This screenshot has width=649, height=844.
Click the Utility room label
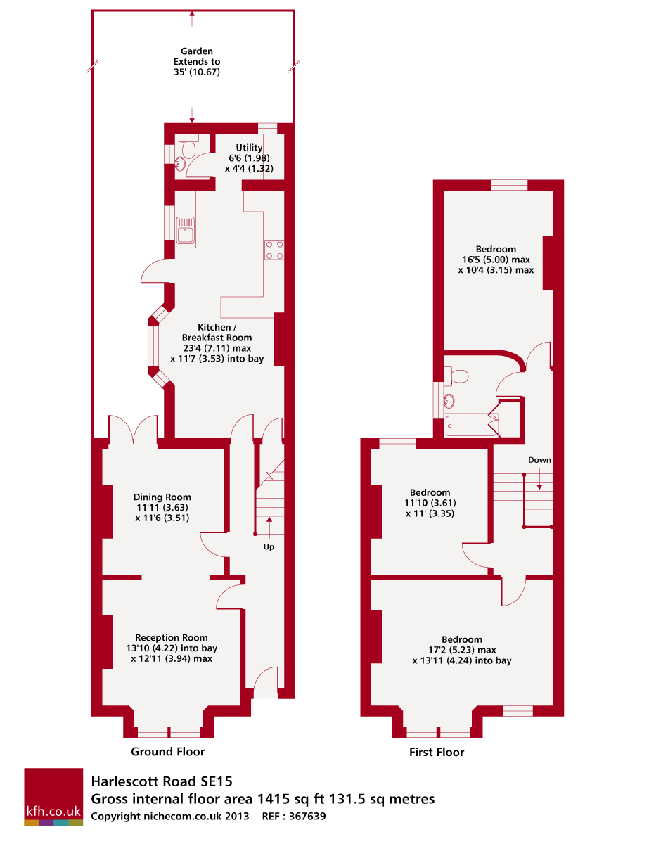click(249, 148)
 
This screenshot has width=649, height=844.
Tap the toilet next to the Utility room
click(188, 148)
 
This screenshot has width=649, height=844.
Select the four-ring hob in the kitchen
click(274, 250)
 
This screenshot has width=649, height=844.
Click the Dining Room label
click(162, 497)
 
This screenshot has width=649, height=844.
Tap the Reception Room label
click(172, 638)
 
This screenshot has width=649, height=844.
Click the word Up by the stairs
click(269, 546)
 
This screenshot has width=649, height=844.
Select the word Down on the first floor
click(540, 460)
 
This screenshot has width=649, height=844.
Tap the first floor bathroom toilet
click(458, 376)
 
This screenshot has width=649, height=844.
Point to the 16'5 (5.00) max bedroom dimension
click(496, 260)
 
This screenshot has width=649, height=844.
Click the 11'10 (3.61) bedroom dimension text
click(427, 503)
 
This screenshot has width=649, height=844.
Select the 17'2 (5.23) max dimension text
click(462, 650)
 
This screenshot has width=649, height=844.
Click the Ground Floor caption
click(168, 752)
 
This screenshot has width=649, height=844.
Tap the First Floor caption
click(437, 753)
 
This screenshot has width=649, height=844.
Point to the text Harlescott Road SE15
click(161, 781)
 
